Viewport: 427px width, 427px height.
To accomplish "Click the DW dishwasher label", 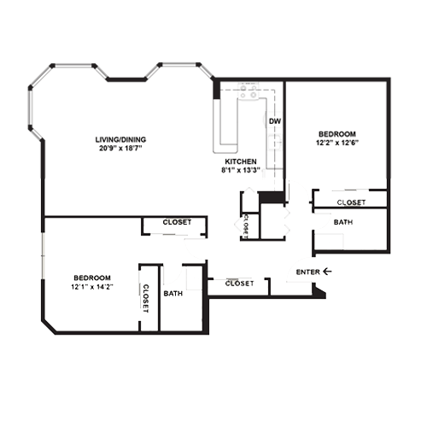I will (x=275, y=122).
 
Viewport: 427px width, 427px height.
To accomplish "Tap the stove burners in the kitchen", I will (x=249, y=93).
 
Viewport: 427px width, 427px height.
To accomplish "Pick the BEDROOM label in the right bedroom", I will (x=337, y=134).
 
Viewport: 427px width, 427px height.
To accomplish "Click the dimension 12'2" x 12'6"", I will (x=337, y=143).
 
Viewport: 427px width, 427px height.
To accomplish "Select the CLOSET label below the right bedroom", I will (x=351, y=202).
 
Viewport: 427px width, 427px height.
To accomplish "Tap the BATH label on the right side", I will (x=342, y=222).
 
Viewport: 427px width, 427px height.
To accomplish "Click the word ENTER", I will (x=307, y=272).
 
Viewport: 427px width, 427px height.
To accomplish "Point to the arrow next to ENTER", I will (x=327, y=272).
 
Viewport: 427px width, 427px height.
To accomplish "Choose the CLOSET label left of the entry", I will (x=239, y=283).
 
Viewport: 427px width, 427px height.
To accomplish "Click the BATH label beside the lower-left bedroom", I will (x=173, y=294).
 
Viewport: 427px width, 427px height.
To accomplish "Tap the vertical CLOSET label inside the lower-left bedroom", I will (x=146, y=298).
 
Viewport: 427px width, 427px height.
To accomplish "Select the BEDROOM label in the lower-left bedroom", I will (x=91, y=278).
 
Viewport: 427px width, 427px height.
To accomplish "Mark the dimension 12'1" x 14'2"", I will (x=91, y=287).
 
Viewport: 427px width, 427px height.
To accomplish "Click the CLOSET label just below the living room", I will (x=176, y=223).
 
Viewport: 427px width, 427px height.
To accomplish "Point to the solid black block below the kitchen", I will (x=272, y=197).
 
